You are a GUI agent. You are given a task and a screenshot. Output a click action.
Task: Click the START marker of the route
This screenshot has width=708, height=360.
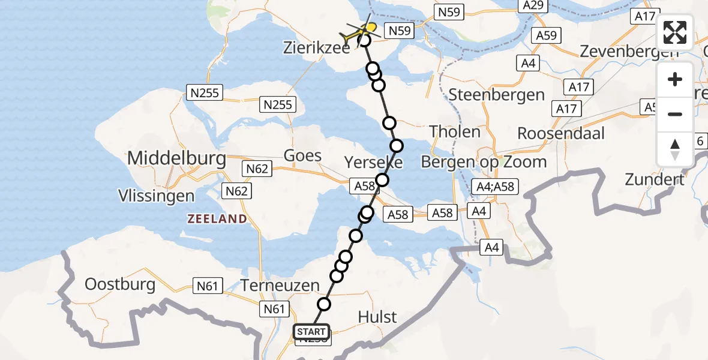311,331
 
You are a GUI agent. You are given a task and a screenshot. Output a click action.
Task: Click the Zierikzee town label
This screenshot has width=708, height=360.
316,49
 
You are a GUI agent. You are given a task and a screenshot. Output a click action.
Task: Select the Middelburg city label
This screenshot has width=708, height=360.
176,159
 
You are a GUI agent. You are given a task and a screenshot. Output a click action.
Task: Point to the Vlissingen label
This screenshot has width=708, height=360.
157,196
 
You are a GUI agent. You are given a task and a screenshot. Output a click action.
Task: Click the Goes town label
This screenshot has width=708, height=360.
303,155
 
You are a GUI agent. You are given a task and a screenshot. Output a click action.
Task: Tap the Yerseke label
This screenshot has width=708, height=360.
373,162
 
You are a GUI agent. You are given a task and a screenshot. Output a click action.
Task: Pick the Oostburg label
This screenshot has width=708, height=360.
121,284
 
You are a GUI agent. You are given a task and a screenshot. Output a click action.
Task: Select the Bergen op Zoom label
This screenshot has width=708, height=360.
484,161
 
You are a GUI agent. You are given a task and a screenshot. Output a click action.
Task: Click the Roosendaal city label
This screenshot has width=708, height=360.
561,133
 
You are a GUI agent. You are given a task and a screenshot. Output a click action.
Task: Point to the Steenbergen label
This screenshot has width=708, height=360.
496,95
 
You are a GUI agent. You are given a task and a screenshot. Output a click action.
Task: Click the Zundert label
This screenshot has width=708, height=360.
655,179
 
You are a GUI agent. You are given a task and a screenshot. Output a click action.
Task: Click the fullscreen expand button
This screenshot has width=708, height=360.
675,32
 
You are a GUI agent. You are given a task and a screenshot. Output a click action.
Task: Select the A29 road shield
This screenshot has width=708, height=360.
532,5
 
